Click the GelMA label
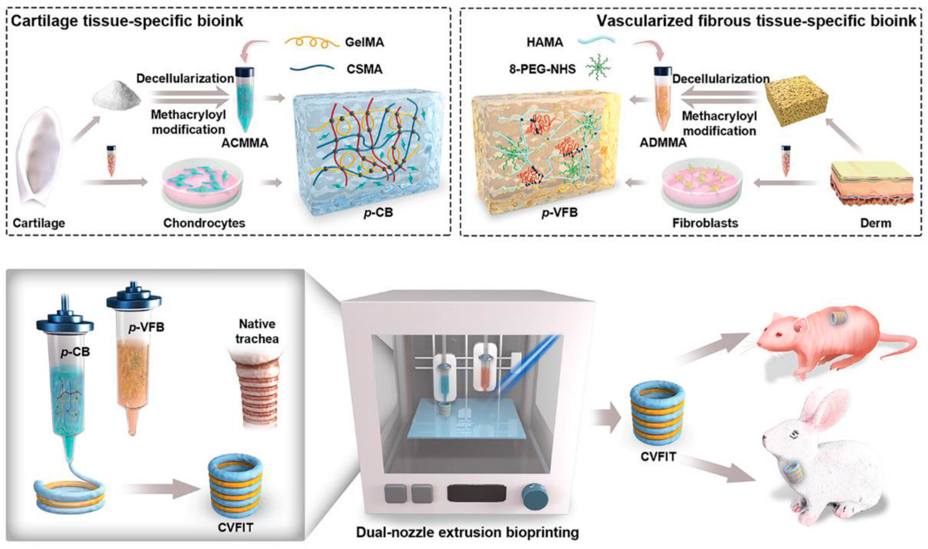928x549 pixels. (364, 43)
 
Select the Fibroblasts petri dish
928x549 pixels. (701, 181)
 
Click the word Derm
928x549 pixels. (875, 223)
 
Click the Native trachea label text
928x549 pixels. (257, 331)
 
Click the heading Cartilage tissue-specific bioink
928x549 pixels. (127, 21)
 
